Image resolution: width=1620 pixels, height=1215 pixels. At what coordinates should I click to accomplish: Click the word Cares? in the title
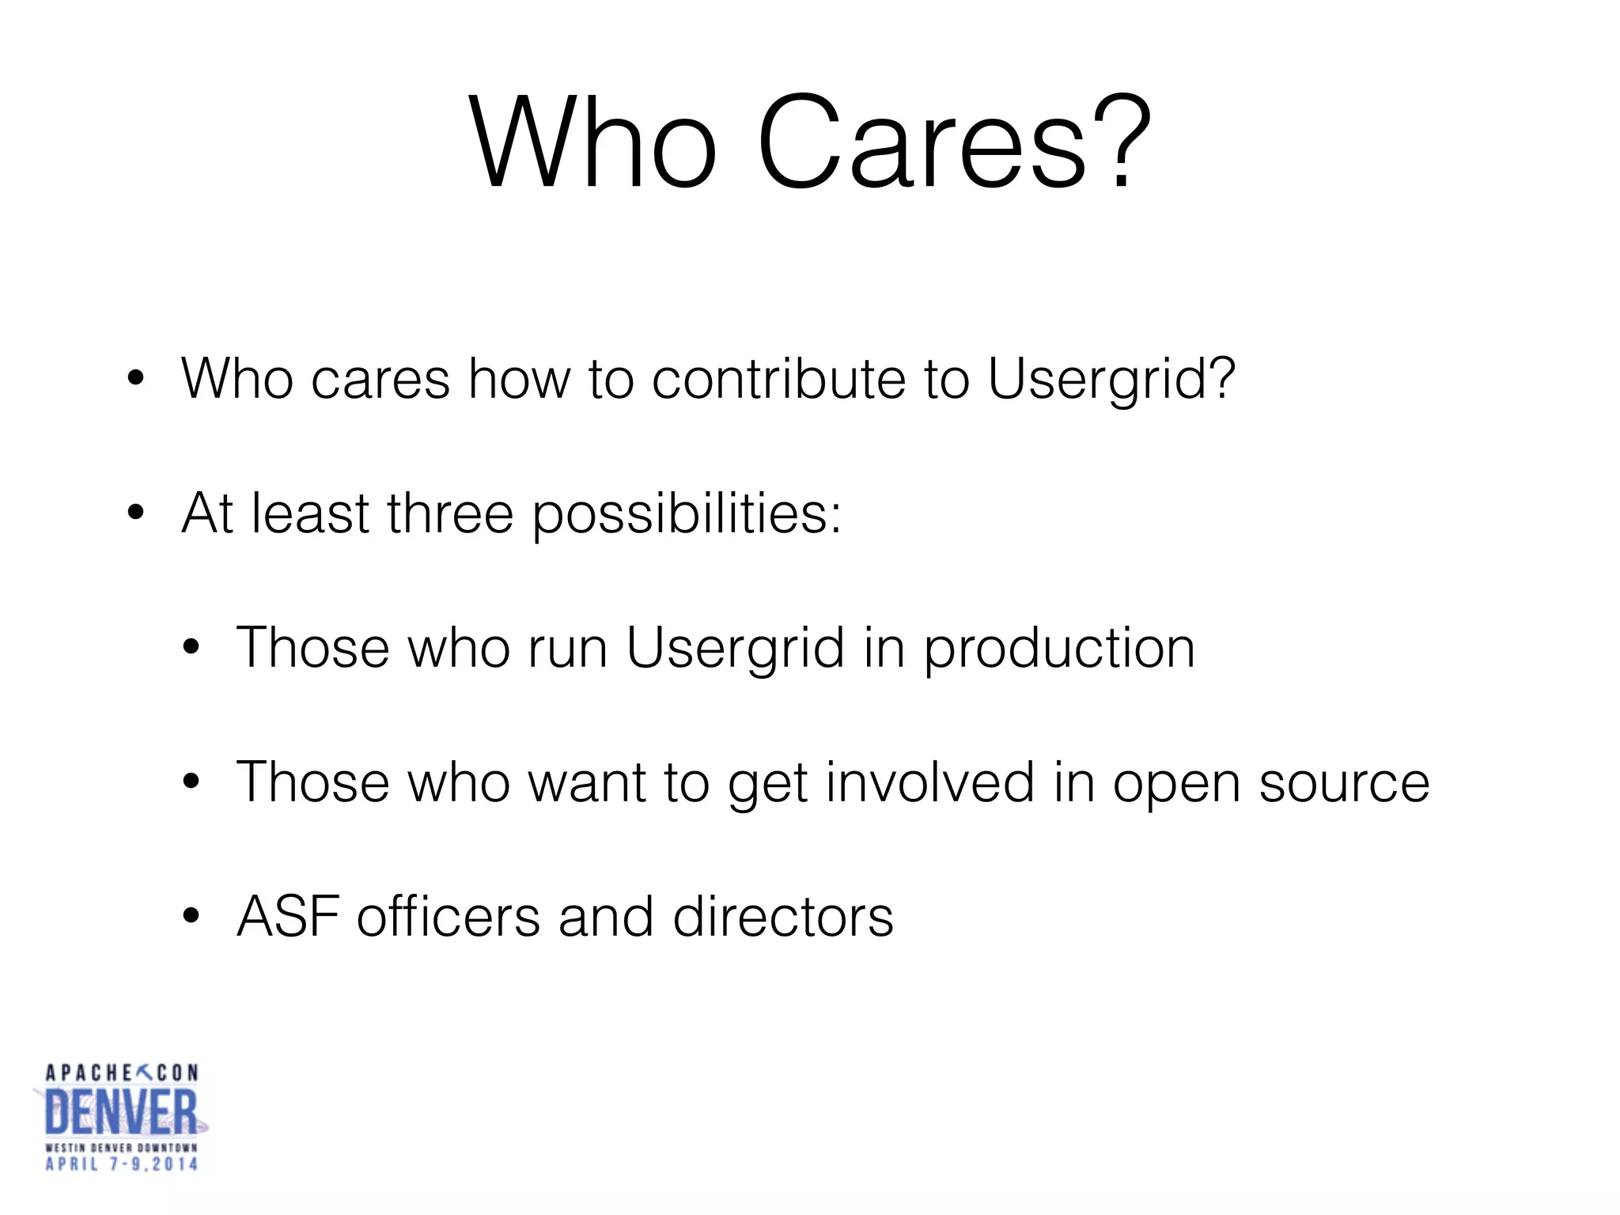pyautogui.click(x=952, y=142)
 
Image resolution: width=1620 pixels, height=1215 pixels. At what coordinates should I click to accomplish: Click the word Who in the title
pyautogui.click(x=593, y=142)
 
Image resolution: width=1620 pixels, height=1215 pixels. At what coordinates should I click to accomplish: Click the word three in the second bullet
pyautogui.click(x=450, y=514)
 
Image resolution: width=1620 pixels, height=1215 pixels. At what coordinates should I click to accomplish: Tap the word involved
pyautogui.click(x=930, y=783)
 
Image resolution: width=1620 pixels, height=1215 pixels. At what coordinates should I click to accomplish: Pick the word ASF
pyautogui.click(x=288, y=918)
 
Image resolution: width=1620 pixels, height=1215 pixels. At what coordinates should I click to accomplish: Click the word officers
pyautogui.click(x=449, y=918)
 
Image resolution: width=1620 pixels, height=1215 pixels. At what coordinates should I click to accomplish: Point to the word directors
pyautogui.click(x=783, y=918)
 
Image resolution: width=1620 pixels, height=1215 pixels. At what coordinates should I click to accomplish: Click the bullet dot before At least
pyautogui.click(x=136, y=513)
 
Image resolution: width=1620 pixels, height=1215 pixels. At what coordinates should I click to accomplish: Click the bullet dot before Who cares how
pyautogui.click(x=136, y=379)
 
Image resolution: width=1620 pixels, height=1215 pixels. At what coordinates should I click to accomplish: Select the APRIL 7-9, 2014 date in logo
pyautogui.click(x=122, y=1164)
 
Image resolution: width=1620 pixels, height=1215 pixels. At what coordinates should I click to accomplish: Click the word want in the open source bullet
pyautogui.click(x=587, y=783)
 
